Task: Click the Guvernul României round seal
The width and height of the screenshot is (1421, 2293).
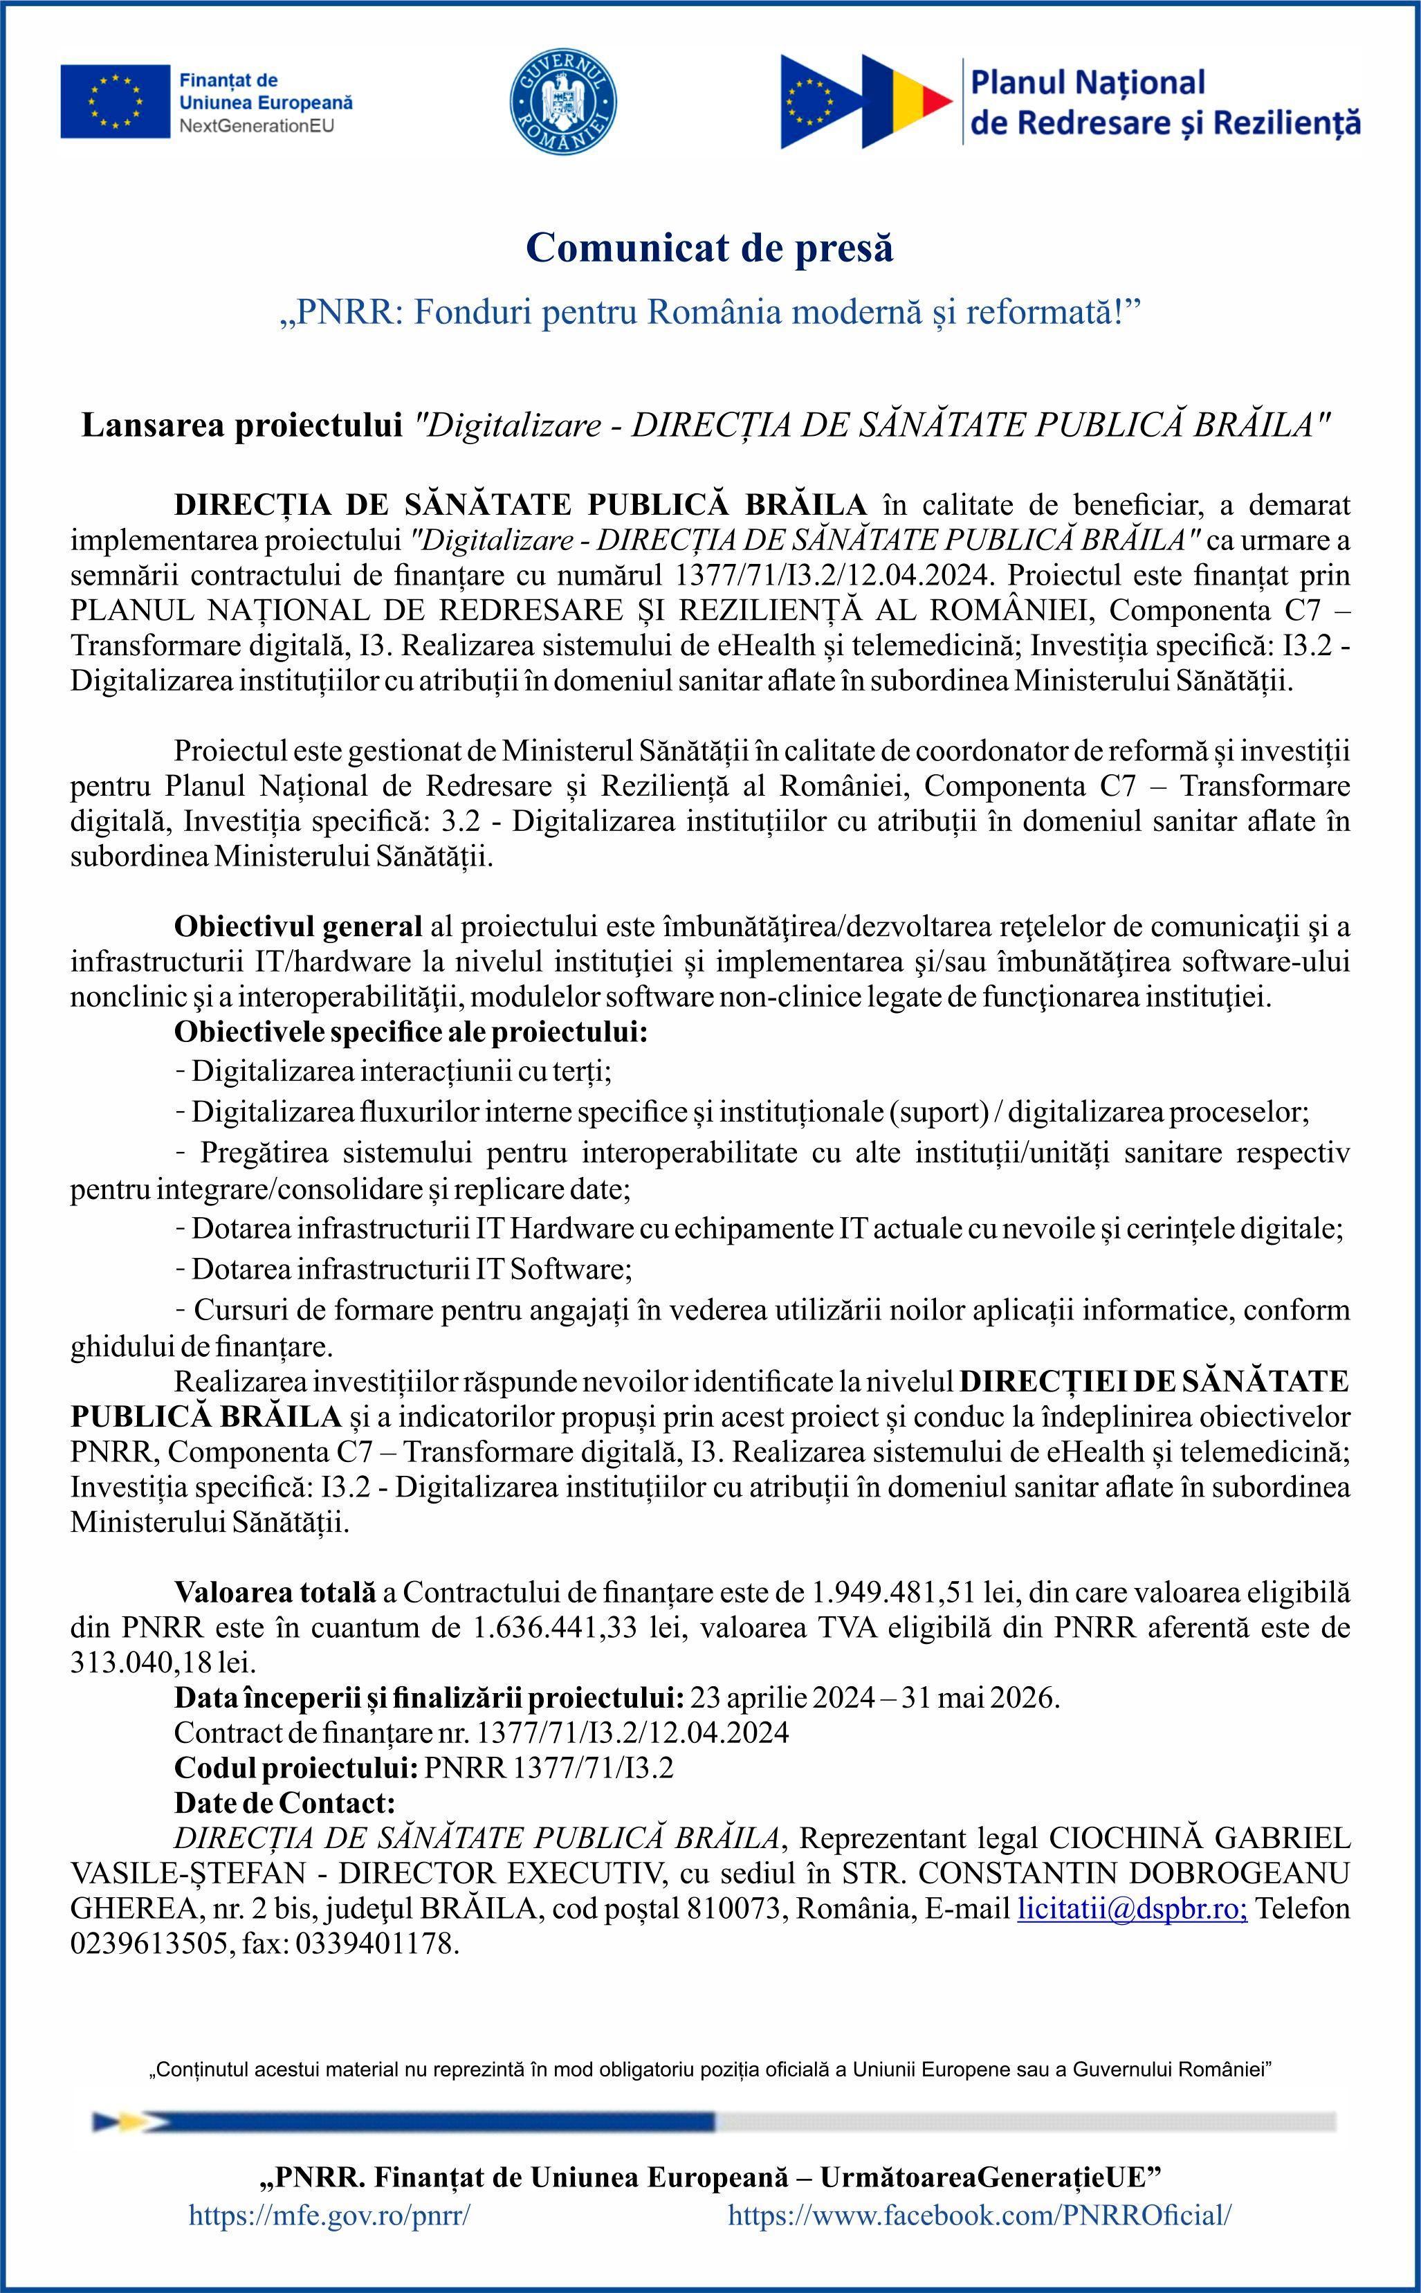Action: [x=563, y=102]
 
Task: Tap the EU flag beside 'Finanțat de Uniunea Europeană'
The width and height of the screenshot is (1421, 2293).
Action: [x=115, y=102]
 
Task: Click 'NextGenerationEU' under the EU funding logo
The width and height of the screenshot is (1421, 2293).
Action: [x=256, y=126]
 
